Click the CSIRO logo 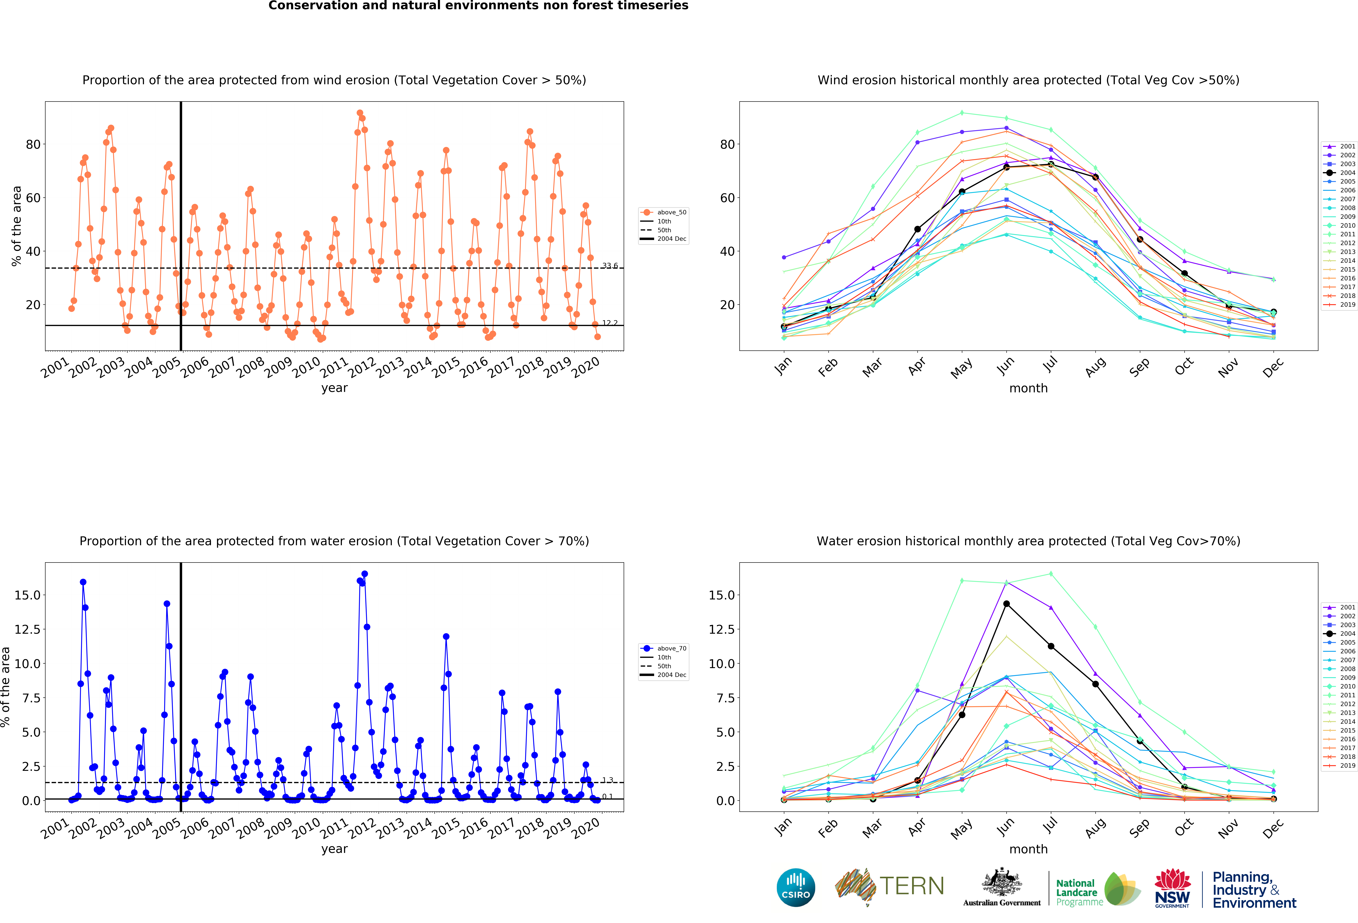point(796,887)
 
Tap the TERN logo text point(912,886)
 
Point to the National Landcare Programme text point(1079,893)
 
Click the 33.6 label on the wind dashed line point(610,265)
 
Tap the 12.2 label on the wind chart point(610,323)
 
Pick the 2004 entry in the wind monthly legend point(1339,172)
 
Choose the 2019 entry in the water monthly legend point(1339,765)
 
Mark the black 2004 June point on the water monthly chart point(1006,604)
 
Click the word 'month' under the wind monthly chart point(1028,388)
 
